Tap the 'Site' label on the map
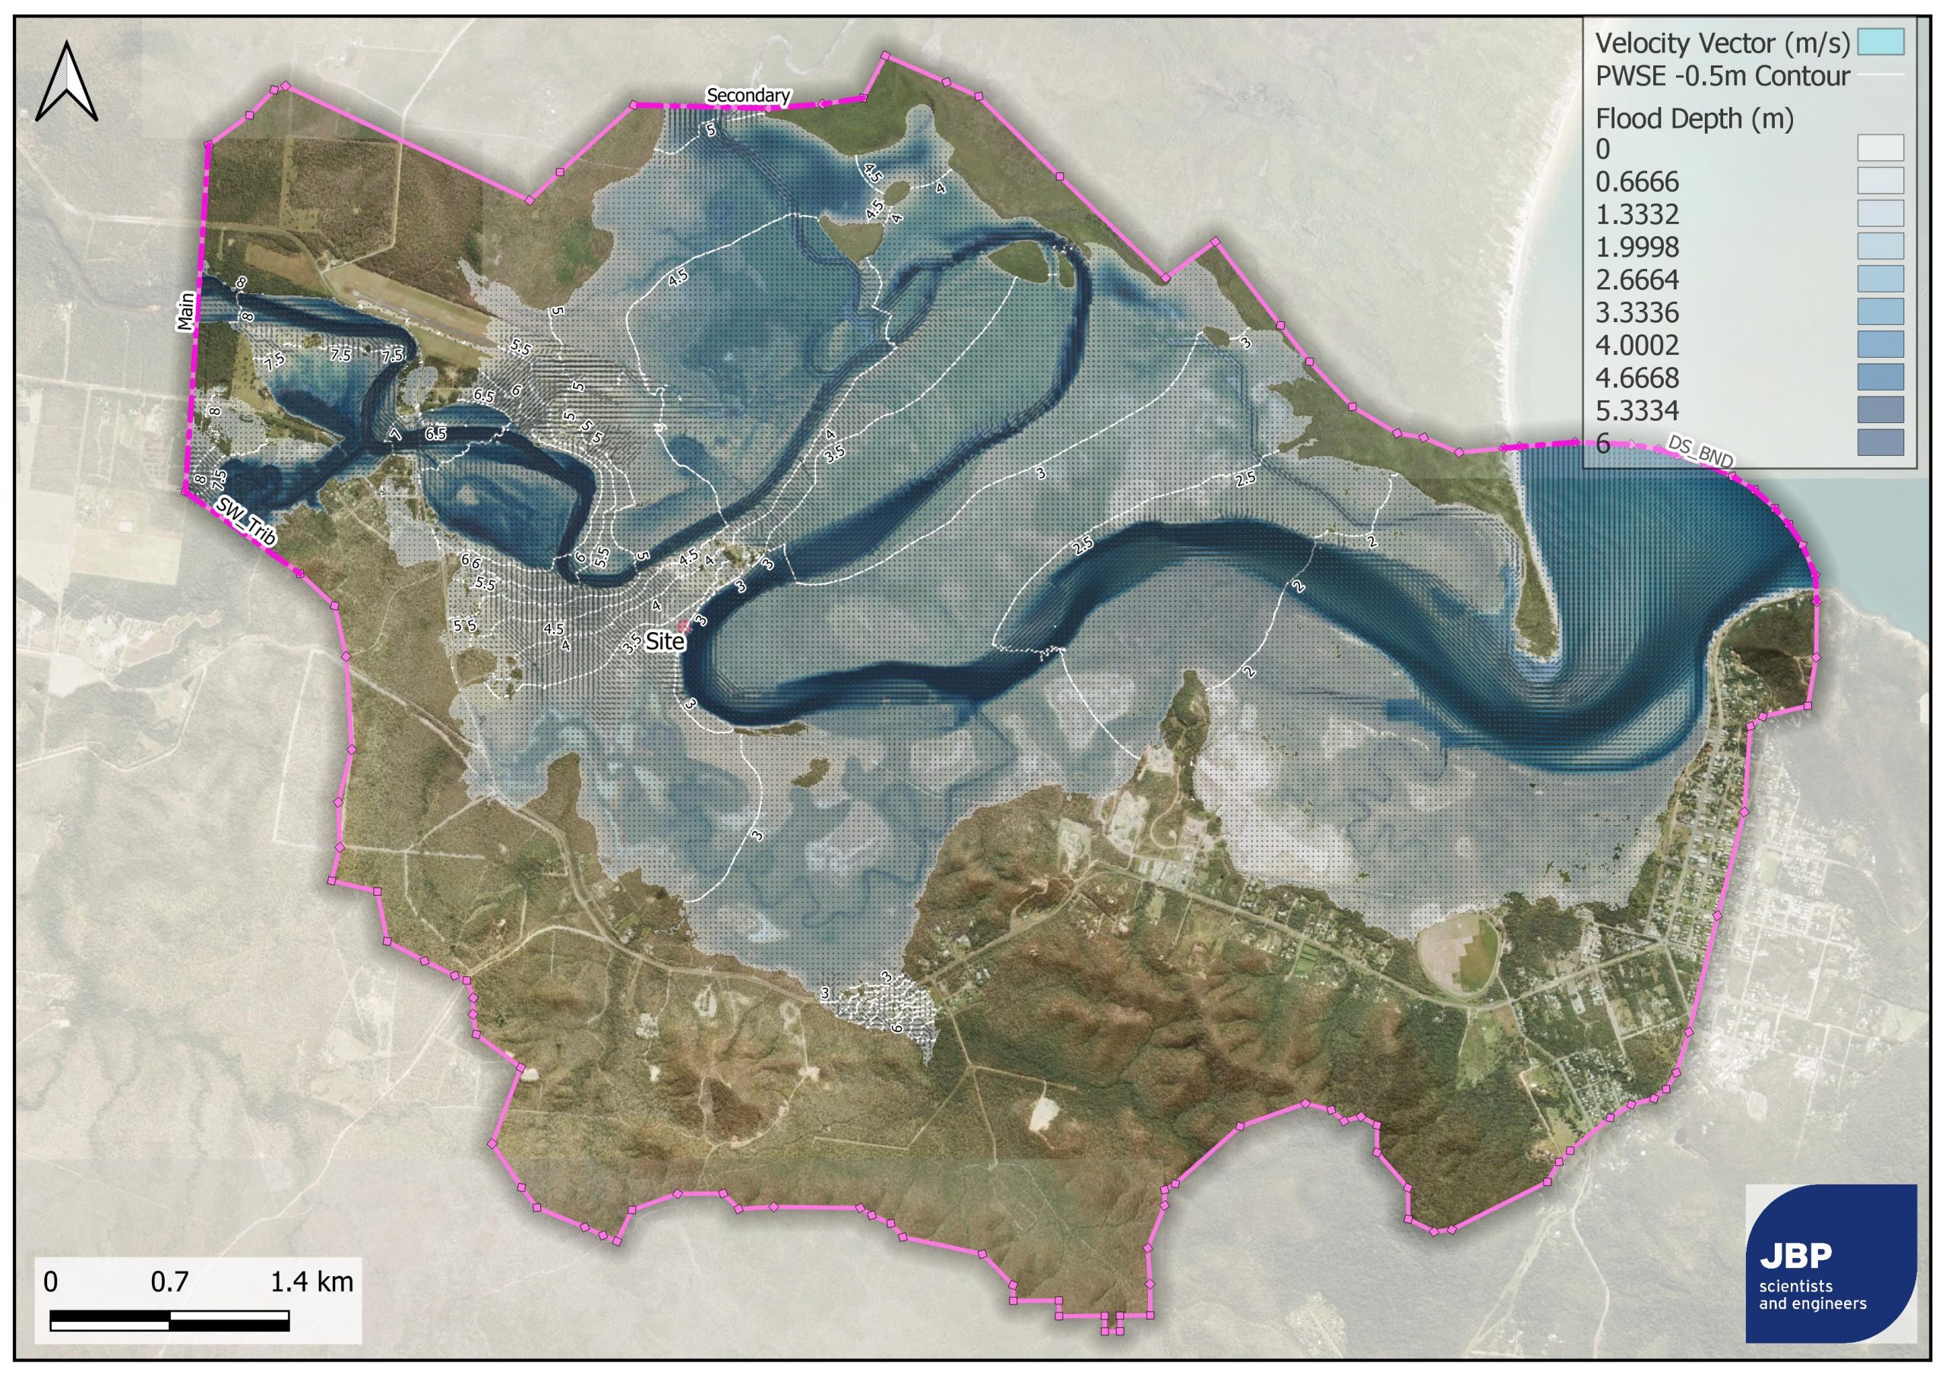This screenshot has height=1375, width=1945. coord(664,641)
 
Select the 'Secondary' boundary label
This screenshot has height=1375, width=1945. coord(748,96)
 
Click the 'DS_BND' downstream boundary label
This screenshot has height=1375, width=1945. coord(1700,450)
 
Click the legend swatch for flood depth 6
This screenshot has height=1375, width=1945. coord(1880,442)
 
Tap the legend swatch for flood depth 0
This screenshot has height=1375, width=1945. coord(1880,148)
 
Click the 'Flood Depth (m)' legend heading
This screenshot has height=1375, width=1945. coord(1694,119)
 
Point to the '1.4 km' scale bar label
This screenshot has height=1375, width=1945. coord(311,1282)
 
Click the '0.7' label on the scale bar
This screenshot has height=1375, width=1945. coord(169,1282)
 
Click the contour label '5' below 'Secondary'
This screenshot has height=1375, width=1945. coord(710,130)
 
